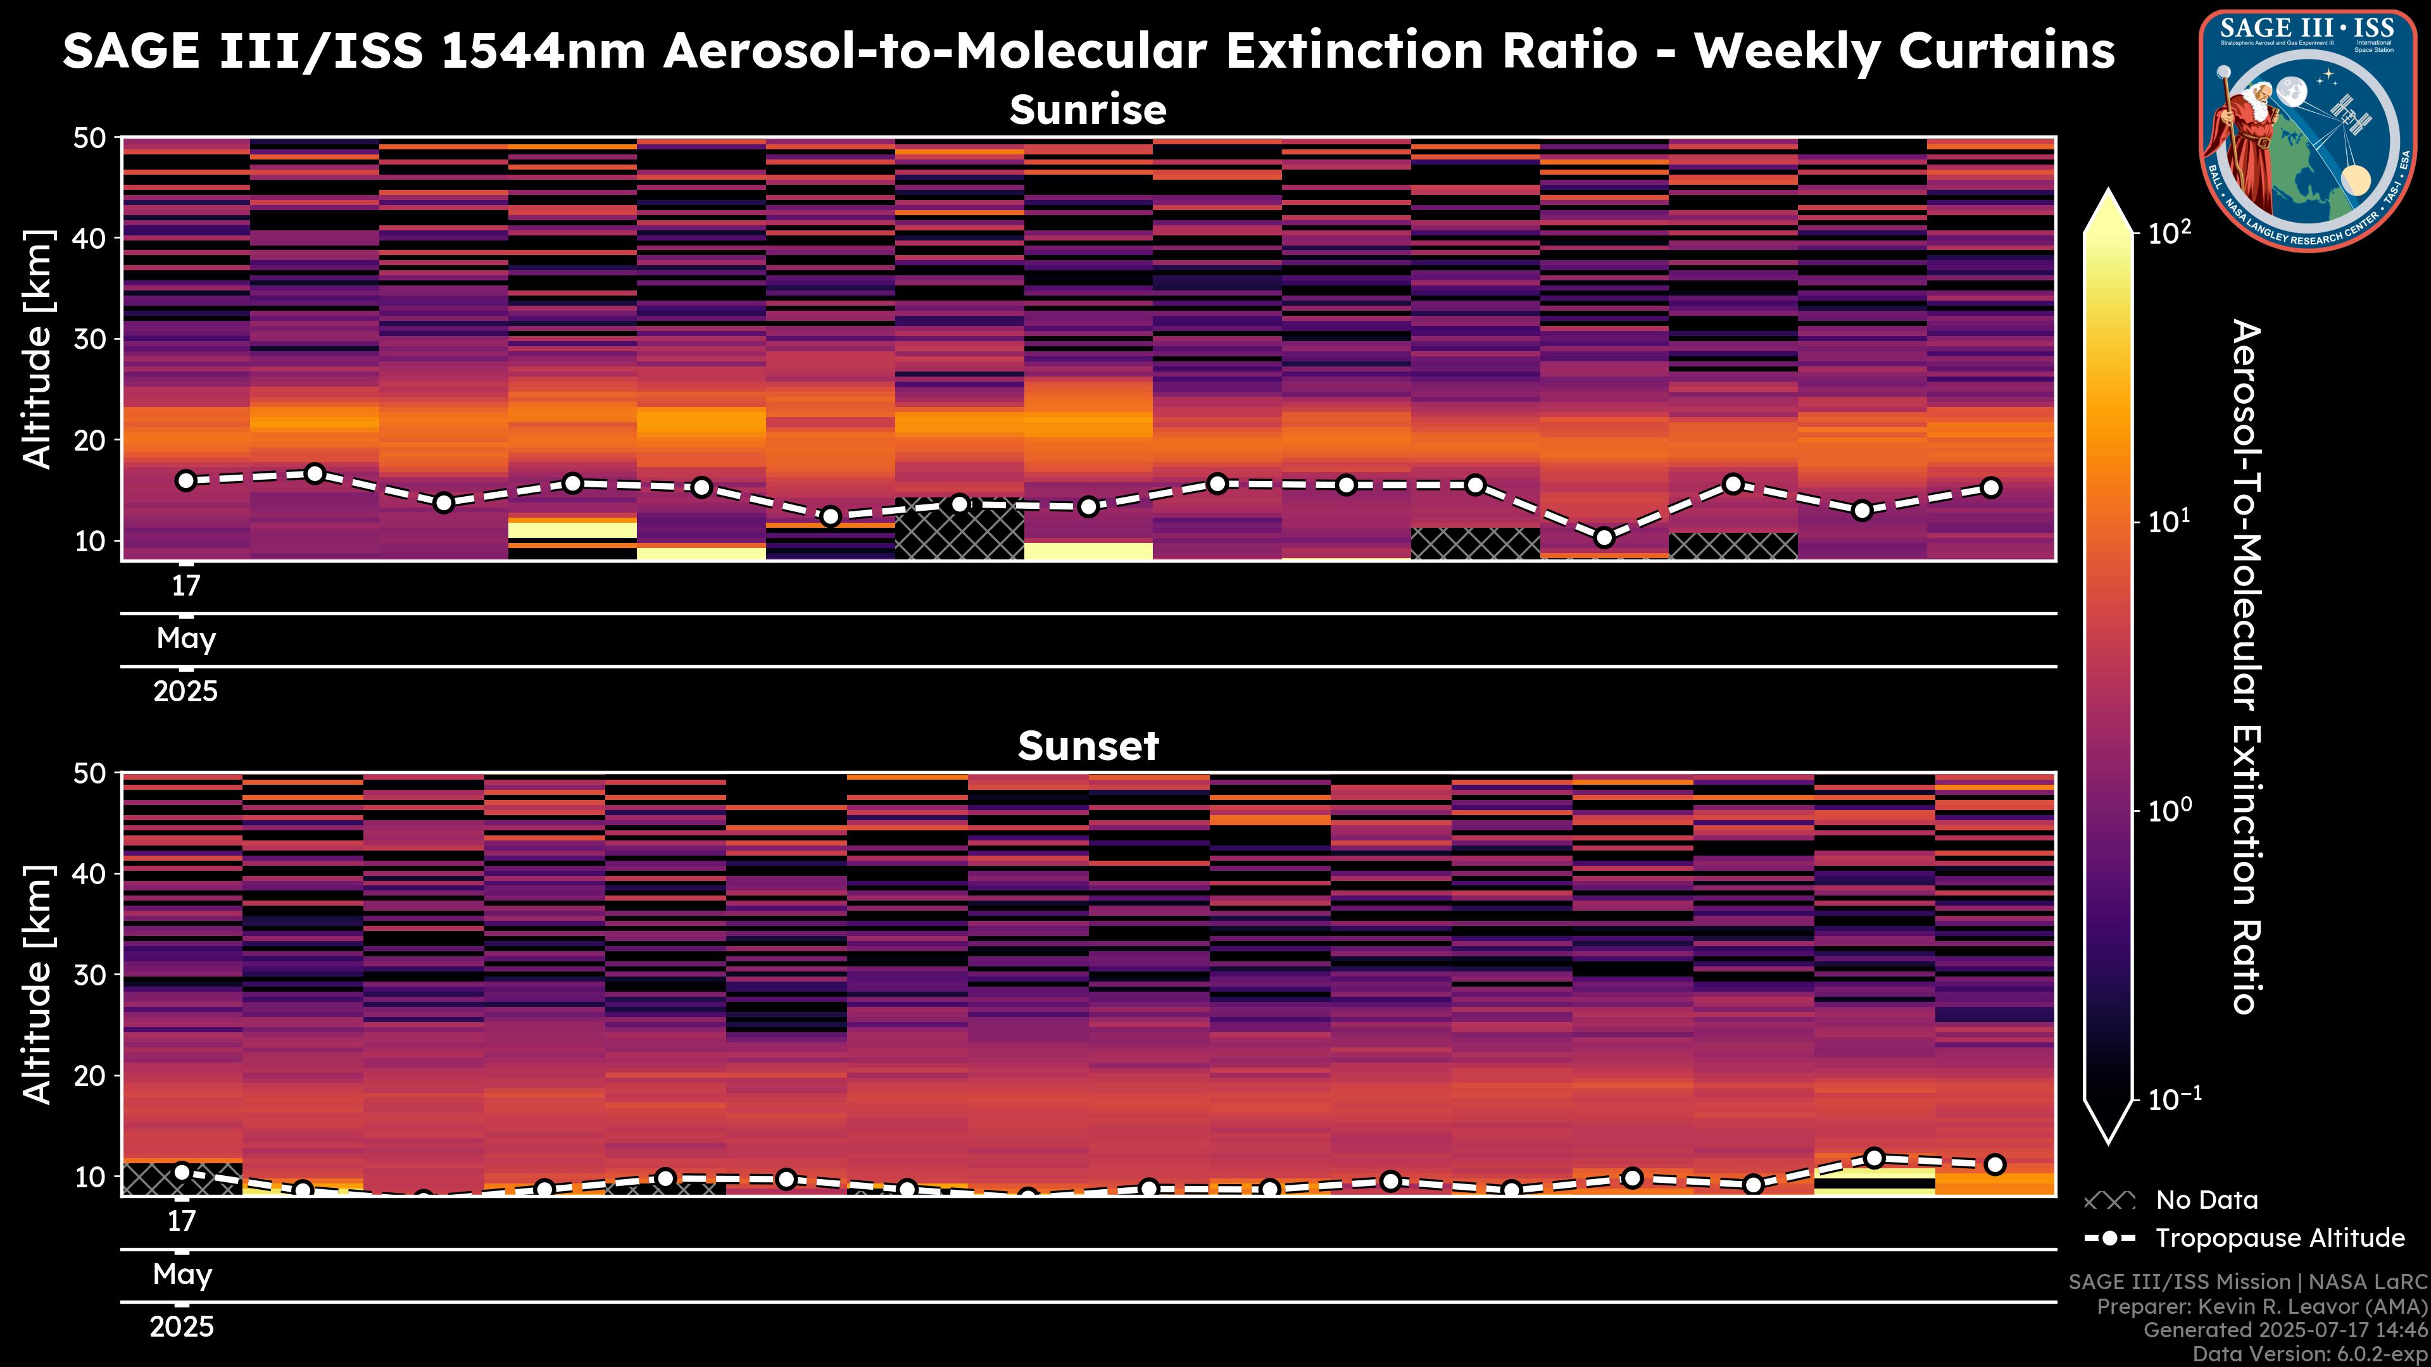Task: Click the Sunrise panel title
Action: point(1088,110)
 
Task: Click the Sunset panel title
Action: point(1088,746)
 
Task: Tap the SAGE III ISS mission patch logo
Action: point(2308,130)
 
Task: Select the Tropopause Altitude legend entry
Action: point(2245,1238)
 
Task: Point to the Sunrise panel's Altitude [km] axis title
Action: point(38,349)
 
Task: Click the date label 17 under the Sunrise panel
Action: point(186,586)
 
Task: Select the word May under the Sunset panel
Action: point(182,1275)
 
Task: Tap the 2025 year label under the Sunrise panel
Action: point(186,692)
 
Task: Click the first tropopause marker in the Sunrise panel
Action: point(186,480)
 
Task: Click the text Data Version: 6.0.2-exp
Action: point(2310,1355)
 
